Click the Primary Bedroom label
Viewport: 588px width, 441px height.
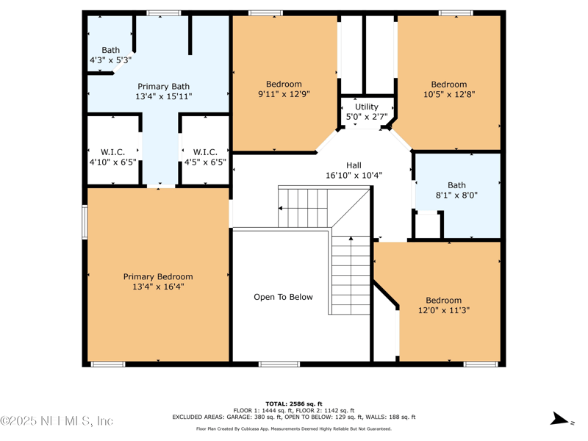point(158,277)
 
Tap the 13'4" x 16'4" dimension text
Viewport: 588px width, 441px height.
point(158,287)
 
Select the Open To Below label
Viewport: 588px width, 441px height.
point(283,297)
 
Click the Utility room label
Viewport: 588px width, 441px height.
point(367,107)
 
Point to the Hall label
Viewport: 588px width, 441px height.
point(354,165)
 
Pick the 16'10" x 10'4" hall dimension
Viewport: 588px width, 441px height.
point(354,176)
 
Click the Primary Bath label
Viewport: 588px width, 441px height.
point(163,87)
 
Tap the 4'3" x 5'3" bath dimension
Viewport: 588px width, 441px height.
point(110,60)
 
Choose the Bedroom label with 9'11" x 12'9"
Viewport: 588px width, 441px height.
point(284,84)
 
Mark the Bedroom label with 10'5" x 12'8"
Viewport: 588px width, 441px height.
point(448,84)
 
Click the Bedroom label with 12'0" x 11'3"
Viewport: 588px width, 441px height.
point(444,300)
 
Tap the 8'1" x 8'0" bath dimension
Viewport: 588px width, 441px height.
point(456,196)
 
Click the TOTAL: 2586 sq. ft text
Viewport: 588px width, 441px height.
point(293,404)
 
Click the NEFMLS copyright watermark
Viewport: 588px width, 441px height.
point(57,421)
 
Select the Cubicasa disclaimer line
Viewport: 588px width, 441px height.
point(293,429)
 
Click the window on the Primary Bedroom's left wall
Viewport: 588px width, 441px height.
point(85,222)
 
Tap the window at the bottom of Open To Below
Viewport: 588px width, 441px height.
point(279,364)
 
